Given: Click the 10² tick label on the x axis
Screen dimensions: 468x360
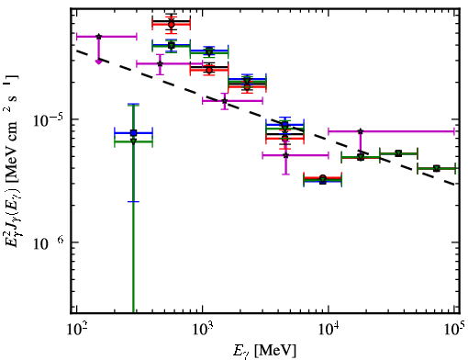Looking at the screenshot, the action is pos(76,330).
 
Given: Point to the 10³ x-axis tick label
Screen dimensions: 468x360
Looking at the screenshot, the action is pos(202,330).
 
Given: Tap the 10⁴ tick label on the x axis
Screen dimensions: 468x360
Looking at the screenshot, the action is pos(329,330).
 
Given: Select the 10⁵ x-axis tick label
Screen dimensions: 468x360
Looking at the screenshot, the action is pos(454,330).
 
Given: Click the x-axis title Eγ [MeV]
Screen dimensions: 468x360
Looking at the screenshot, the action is pos(264,351).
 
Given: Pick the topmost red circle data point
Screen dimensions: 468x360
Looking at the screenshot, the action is pos(172,25).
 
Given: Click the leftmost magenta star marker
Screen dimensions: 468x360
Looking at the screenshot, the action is pos(98,37).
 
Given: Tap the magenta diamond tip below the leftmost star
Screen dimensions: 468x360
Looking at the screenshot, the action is pos(98,62).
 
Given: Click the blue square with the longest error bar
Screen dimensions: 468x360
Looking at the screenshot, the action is pos(133,133).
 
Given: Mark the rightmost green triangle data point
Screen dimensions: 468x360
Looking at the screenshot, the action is pos(437,168).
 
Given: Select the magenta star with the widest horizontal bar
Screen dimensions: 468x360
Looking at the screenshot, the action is pos(361,131).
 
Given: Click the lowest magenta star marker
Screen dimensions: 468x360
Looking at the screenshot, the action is pos(285,155).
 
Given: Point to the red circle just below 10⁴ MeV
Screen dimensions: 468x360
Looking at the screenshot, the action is pos(323,177).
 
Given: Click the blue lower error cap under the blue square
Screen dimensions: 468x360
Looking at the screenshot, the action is pos(133,201).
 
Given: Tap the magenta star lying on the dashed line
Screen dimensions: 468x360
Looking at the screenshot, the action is pos(225,101).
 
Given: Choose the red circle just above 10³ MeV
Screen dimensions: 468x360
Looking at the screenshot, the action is pos(209,71).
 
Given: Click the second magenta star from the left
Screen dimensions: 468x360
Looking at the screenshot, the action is pos(160,63).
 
